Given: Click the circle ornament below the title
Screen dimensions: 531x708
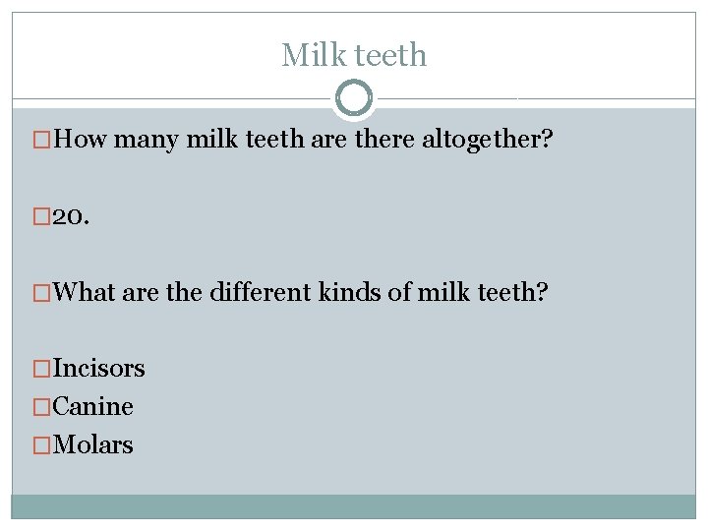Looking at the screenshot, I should point(354,97).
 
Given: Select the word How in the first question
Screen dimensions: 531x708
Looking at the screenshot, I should point(81,142).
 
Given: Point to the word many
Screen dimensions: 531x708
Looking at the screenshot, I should point(146,142).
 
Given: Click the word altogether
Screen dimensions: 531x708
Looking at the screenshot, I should point(487,142).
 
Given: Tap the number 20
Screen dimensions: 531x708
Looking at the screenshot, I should point(70,217).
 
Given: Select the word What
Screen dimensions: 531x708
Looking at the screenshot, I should point(86,292).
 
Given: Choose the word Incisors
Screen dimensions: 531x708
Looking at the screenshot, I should point(98,369).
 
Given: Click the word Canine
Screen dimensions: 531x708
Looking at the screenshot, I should point(92,406).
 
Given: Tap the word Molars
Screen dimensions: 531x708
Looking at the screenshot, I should point(92,444).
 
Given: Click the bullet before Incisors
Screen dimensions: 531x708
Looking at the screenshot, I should point(41,369).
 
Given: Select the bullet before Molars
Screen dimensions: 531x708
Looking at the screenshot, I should point(41,444).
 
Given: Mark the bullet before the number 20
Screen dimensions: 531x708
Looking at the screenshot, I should point(41,217).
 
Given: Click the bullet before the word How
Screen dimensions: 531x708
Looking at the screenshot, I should point(41,142).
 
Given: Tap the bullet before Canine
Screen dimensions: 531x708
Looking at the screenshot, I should point(41,406).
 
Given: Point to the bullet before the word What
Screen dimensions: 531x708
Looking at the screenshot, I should point(41,292).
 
